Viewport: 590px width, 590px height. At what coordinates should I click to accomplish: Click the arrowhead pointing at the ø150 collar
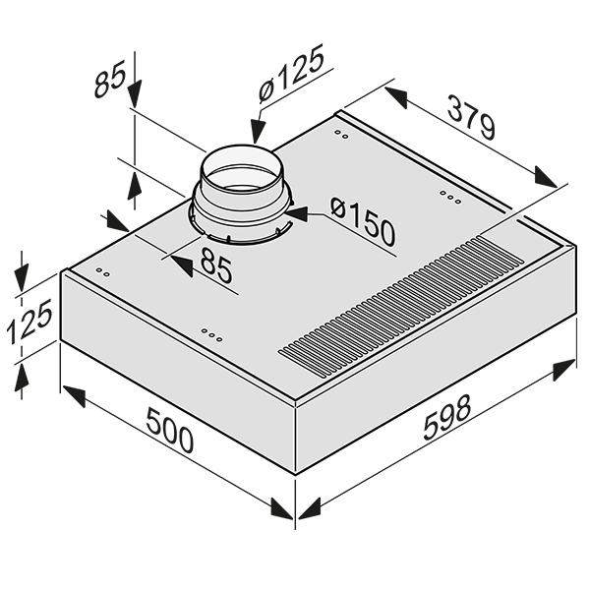tap(295, 209)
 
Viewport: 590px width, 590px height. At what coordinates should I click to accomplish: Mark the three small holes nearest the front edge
tap(210, 336)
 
